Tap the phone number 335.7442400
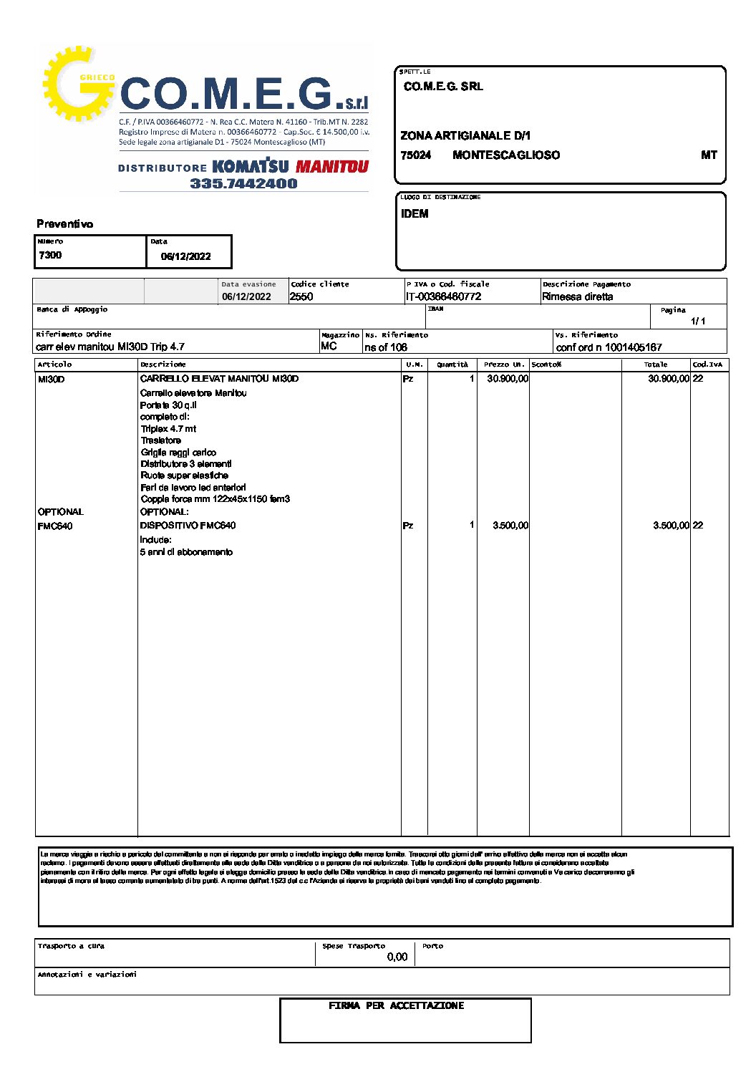pyautogui.click(x=243, y=183)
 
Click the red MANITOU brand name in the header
pyautogui.click(x=332, y=167)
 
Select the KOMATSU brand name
pyautogui.click(x=251, y=167)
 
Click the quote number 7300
pyautogui.click(x=50, y=255)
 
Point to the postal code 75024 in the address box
pyautogui.click(x=416, y=155)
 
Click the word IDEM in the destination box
pyautogui.click(x=415, y=213)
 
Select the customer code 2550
pyautogui.click(x=301, y=296)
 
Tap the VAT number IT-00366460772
pyautogui.click(x=443, y=296)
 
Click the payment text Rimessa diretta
pyautogui.click(x=577, y=296)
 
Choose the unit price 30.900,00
pyautogui.click(x=508, y=379)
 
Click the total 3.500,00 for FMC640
pyautogui.click(x=671, y=526)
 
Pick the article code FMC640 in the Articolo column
pyautogui.click(x=55, y=526)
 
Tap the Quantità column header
pyautogui.click(x=452, y=364)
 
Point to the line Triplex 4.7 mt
pyautogui.click(x=168, y=429)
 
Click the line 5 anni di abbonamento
pyautogui.click(x=186, y=552)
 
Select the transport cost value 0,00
pyautogui.click(x=397, y=957)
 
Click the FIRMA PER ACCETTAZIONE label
pyautogui.click(x=397, y=1006)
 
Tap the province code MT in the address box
pyautogui.click(x=709, y=155)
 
